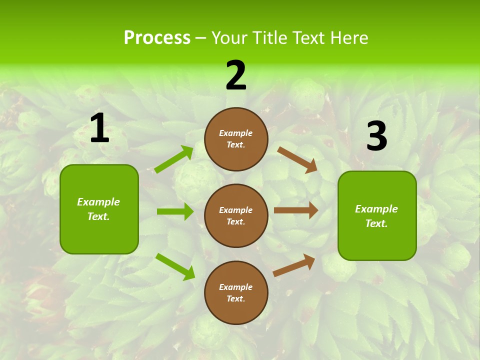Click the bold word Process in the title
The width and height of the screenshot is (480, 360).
click(x=157, y=38)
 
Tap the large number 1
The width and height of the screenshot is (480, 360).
click(x=99, y=128)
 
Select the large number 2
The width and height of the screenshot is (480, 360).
click(x=236, y=75)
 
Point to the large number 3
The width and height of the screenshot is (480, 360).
click(x=376, y=136)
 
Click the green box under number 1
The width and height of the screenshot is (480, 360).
click(x=99, y=209)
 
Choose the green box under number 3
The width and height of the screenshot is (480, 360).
click(x=377, y=215)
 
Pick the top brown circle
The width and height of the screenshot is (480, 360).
click(x=236, y=139)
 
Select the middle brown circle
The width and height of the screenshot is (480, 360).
click(x=236, y=215)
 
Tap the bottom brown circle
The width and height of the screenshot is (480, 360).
click(x=236, y=292)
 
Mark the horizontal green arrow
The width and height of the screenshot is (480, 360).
click(x=175, y=211)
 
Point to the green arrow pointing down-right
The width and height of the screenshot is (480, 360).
click(x=175, y=266)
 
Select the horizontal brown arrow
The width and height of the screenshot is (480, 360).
click(x=295, y=210)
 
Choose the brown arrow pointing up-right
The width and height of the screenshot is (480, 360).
click(x=294, y=265)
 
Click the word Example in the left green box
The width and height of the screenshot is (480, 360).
click(x=98, y=202)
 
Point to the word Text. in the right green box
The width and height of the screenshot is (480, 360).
click(x=376, y=223)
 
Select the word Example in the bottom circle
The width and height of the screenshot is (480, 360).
click(x=236, y=287)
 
